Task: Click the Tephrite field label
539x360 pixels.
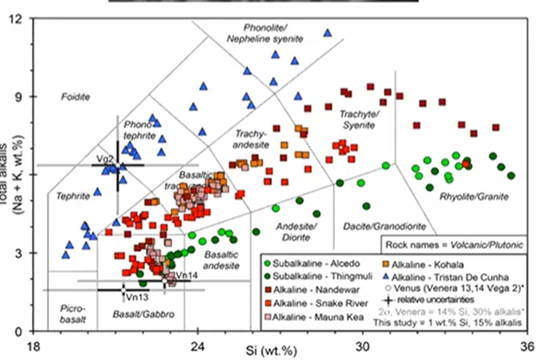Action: click(x=73, y=197)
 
